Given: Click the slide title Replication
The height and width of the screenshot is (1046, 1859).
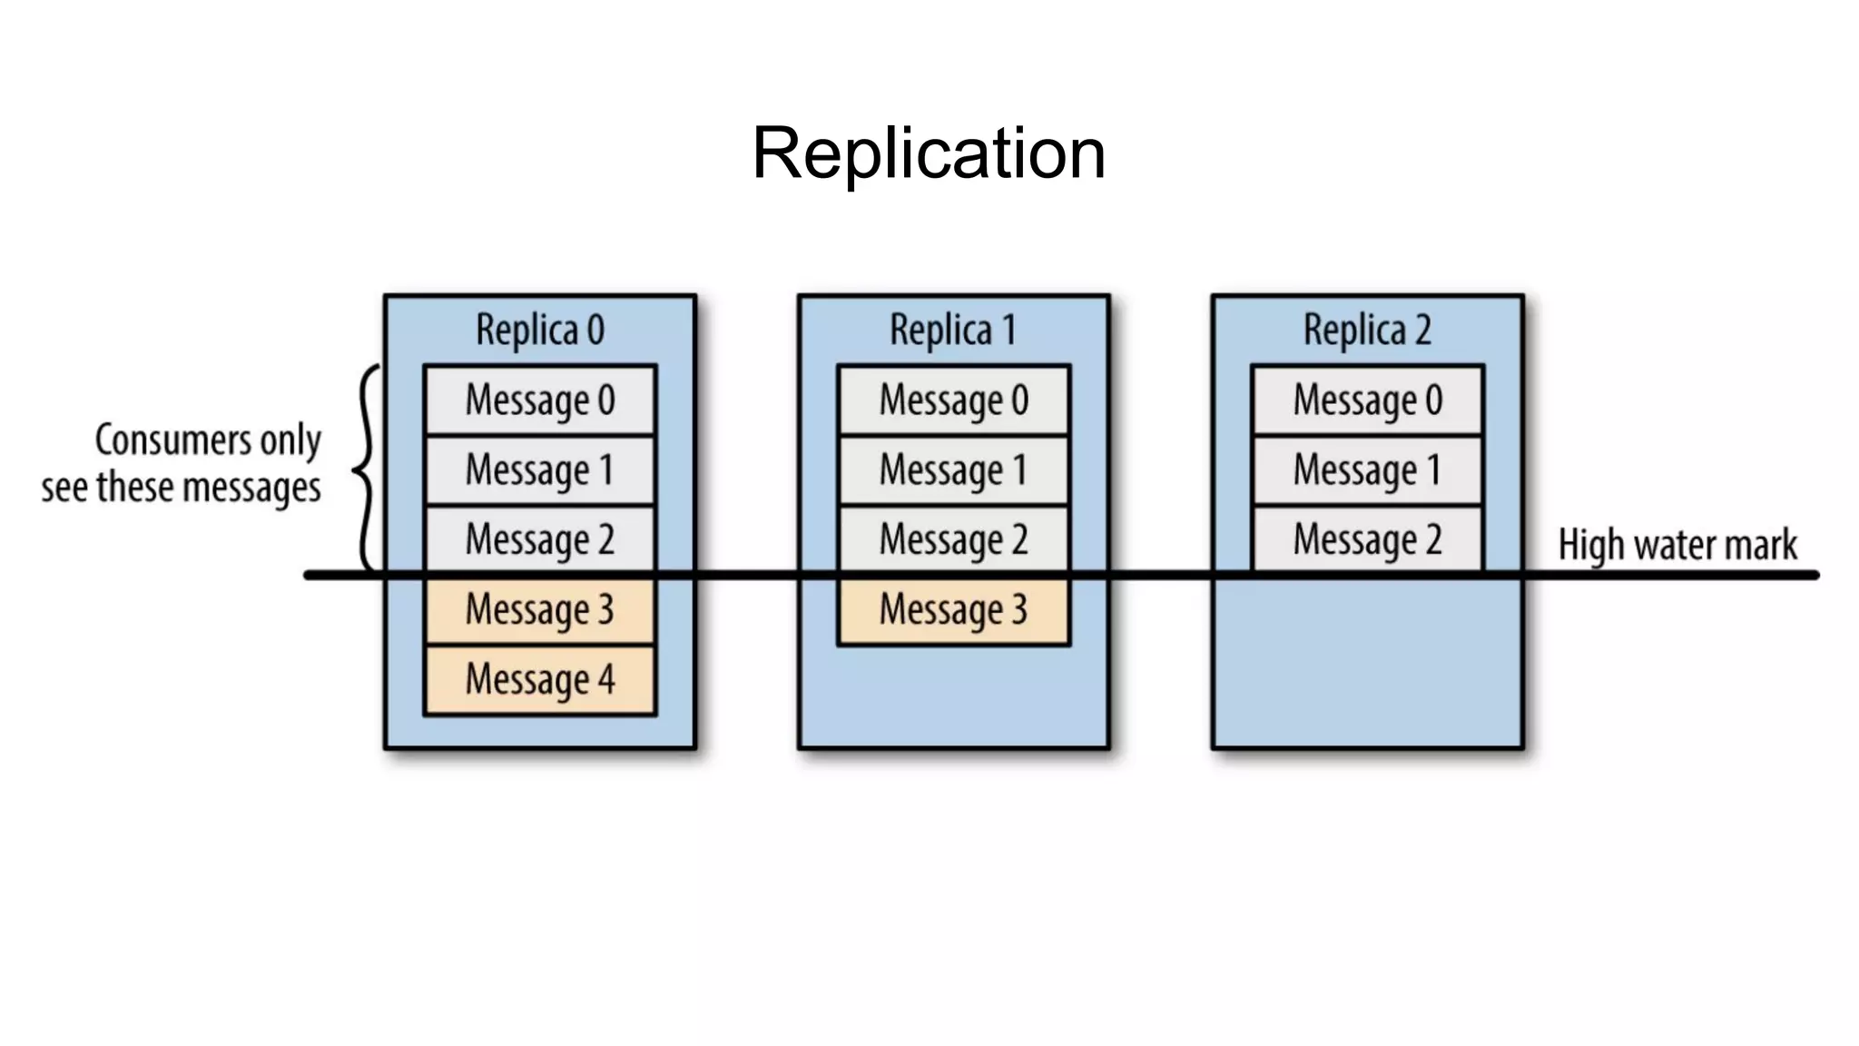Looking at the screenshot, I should pos(929,153).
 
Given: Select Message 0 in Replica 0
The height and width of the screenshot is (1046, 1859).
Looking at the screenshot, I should pos(540,400).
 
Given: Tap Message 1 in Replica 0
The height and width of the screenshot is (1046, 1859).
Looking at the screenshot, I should pos(540,470).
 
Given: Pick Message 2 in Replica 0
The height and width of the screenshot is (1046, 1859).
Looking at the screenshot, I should pos(540,539).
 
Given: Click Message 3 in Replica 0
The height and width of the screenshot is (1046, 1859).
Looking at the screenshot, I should pos(540,609).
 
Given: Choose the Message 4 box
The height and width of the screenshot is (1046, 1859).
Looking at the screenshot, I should pos(540,679).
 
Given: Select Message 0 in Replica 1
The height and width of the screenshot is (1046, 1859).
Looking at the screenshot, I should pos(953,400).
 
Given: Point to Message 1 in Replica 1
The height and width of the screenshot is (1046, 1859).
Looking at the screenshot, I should pos(953,470).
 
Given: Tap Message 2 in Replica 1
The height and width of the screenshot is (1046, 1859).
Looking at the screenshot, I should pos(953,539).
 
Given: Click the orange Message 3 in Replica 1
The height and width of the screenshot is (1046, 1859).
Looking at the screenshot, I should pos(953,609).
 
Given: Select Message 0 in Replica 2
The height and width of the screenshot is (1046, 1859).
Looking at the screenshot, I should pos(1367,400).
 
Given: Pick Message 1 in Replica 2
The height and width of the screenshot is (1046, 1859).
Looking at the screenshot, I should pos(1367,470).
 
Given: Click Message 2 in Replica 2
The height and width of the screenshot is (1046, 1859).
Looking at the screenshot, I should pos(1367,539).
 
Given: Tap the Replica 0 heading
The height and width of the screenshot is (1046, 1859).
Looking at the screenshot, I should pos(540,330).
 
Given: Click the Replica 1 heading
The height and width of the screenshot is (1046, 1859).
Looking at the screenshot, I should pos(953,330).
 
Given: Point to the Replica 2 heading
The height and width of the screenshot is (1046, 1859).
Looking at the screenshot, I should pos(1367,330).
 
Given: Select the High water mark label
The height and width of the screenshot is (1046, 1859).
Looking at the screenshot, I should pos(1677,545).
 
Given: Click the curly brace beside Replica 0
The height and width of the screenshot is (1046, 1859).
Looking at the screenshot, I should pos(365,469).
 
